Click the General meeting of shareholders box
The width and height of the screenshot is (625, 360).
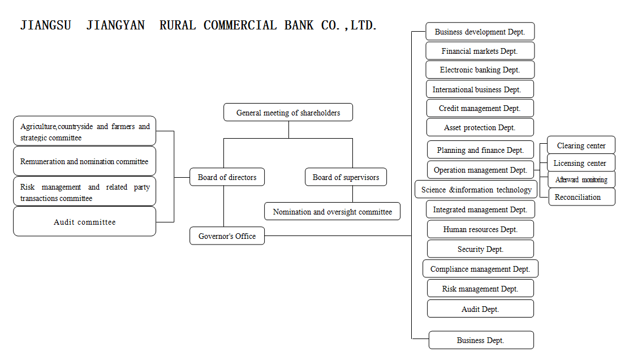tap(288, 113)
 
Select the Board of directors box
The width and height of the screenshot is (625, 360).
tap(227, 177)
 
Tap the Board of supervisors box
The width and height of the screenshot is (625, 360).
tap(346, 177)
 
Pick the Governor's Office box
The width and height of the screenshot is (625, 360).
tap(227, 236)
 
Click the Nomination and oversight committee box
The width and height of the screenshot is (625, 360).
tap(332, 212)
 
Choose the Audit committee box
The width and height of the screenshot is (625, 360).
tap(84, 222)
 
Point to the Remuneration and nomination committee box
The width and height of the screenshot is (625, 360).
tap(84, 161)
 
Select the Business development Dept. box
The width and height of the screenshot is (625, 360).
tap(480, 32)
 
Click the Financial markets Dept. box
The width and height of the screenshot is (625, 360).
tap(480, 51)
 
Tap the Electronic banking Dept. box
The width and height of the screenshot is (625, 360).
tap(480, 70)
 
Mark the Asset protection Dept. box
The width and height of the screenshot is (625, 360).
tap(480, 127)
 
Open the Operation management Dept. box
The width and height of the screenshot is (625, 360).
tap(480, 170)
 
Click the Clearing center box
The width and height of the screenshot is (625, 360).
tap(581, 145)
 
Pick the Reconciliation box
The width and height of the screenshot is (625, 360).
tap(581, 197)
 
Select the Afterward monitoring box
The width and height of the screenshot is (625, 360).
tap(581, 179)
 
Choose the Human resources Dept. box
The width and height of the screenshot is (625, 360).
tap(480, 229)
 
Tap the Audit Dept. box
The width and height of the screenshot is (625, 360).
tap(480, 309)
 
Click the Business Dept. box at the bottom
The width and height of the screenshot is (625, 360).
tap(481, 340)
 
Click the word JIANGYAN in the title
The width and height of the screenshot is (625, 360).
tap(115, 25)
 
